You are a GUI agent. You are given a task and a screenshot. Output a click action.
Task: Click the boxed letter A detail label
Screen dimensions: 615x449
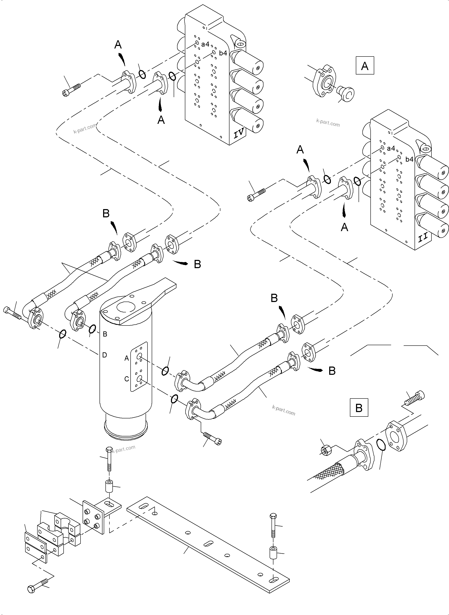point(365,66)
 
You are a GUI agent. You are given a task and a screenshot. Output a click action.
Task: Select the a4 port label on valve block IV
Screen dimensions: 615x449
point(205,44)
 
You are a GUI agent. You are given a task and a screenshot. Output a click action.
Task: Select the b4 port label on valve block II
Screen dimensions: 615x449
point(409,159)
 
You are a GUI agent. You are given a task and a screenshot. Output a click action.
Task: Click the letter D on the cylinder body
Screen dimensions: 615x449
point(105,355)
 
